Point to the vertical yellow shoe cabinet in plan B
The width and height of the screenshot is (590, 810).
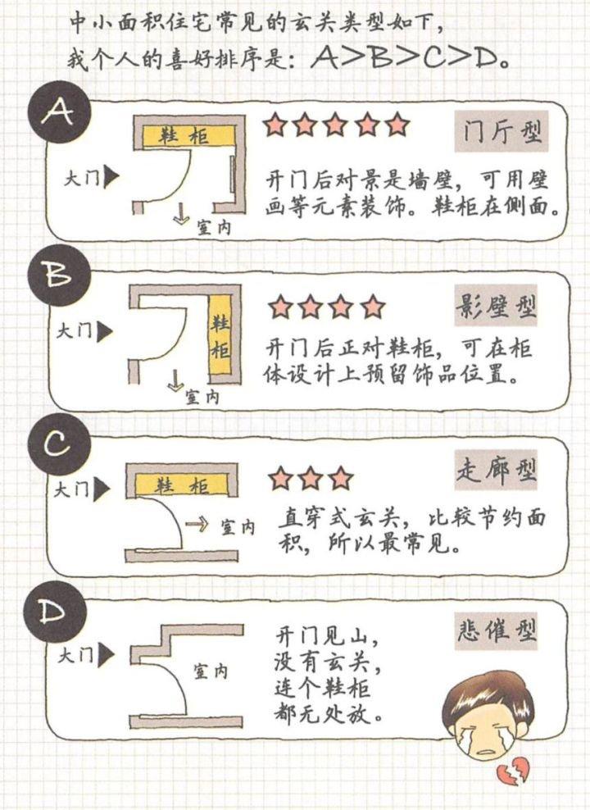coord(220,338)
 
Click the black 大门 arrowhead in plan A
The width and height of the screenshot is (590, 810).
coord(114,176)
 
